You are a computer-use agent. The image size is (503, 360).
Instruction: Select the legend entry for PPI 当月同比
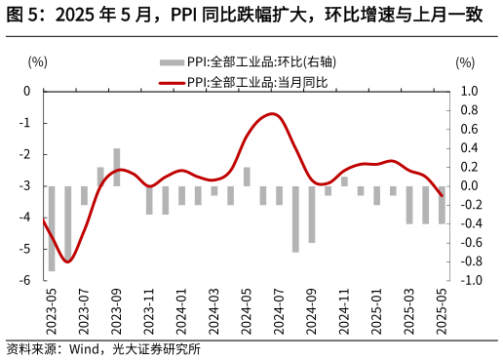click(x=257, y=82)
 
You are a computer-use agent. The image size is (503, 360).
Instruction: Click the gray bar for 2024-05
click(x=247, y=177)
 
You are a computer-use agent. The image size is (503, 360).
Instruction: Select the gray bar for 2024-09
click(x=312, y=214)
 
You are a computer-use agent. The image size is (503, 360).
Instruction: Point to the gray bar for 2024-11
click(x=344, y=181)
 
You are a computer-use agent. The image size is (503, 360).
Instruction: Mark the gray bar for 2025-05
click(x=443, y=205)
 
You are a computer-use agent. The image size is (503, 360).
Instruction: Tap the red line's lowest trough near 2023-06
click(x=67, y=260)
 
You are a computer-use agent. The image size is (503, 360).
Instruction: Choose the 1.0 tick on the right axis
click(x=469, y=92)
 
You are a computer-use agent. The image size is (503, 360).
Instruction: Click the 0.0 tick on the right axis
click(x=469, y=186)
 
